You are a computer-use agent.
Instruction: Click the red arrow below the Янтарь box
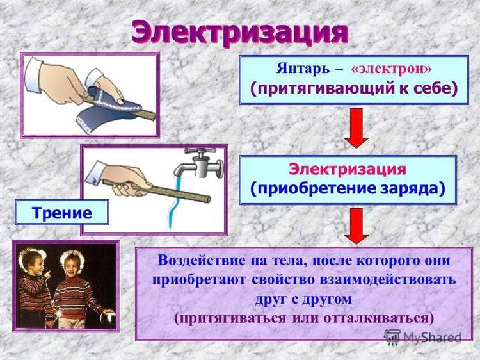point(356,127)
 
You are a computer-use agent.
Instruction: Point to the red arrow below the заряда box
point(356,225)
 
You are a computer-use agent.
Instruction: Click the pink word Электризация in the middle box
point(348,169)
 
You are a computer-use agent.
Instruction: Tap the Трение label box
point(61,211)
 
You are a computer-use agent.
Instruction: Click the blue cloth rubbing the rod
point(109,107)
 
